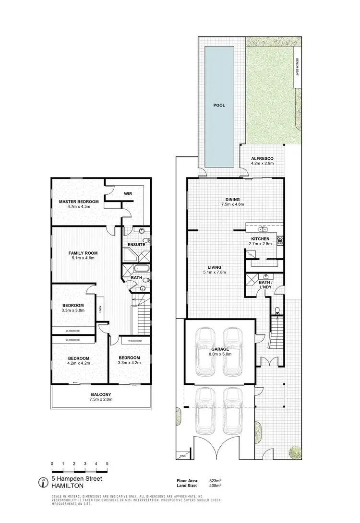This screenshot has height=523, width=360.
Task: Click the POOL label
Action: [219, 105]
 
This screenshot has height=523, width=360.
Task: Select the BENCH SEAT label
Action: [298, 68]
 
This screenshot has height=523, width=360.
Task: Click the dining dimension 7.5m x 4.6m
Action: [233, 204]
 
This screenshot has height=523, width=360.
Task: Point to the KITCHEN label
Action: [260, 238]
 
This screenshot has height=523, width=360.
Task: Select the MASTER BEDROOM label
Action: [79, 202]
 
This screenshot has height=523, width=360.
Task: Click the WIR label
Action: [128, 194]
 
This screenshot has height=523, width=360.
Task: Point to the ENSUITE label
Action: [136, 243]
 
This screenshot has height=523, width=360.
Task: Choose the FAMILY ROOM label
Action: [83, 253]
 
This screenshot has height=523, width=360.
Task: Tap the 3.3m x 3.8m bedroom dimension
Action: [73, 310]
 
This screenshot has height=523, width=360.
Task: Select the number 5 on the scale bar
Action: [107, 463]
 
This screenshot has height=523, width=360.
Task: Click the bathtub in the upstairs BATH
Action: [142, 269]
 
